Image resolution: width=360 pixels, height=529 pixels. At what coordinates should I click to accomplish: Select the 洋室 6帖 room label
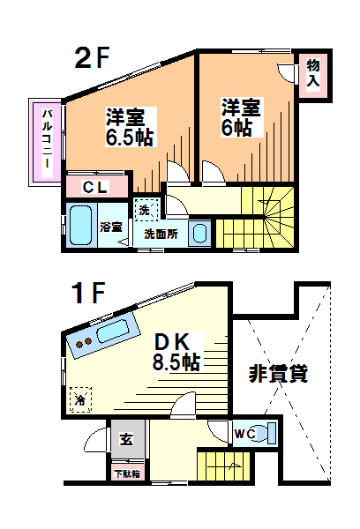click(239, 118)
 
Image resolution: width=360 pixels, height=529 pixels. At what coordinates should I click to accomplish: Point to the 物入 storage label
click(312, 72)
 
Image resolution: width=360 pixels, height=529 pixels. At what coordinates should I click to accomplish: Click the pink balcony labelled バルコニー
click(46, 140)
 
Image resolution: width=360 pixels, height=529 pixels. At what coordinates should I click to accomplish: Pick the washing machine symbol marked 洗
click(144, 210)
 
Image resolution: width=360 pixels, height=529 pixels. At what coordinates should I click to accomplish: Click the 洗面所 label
click(161, 235)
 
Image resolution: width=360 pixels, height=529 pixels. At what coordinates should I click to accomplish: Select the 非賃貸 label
click(277, 374)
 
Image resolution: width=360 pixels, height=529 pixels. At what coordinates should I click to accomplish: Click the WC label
click(244, 433)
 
